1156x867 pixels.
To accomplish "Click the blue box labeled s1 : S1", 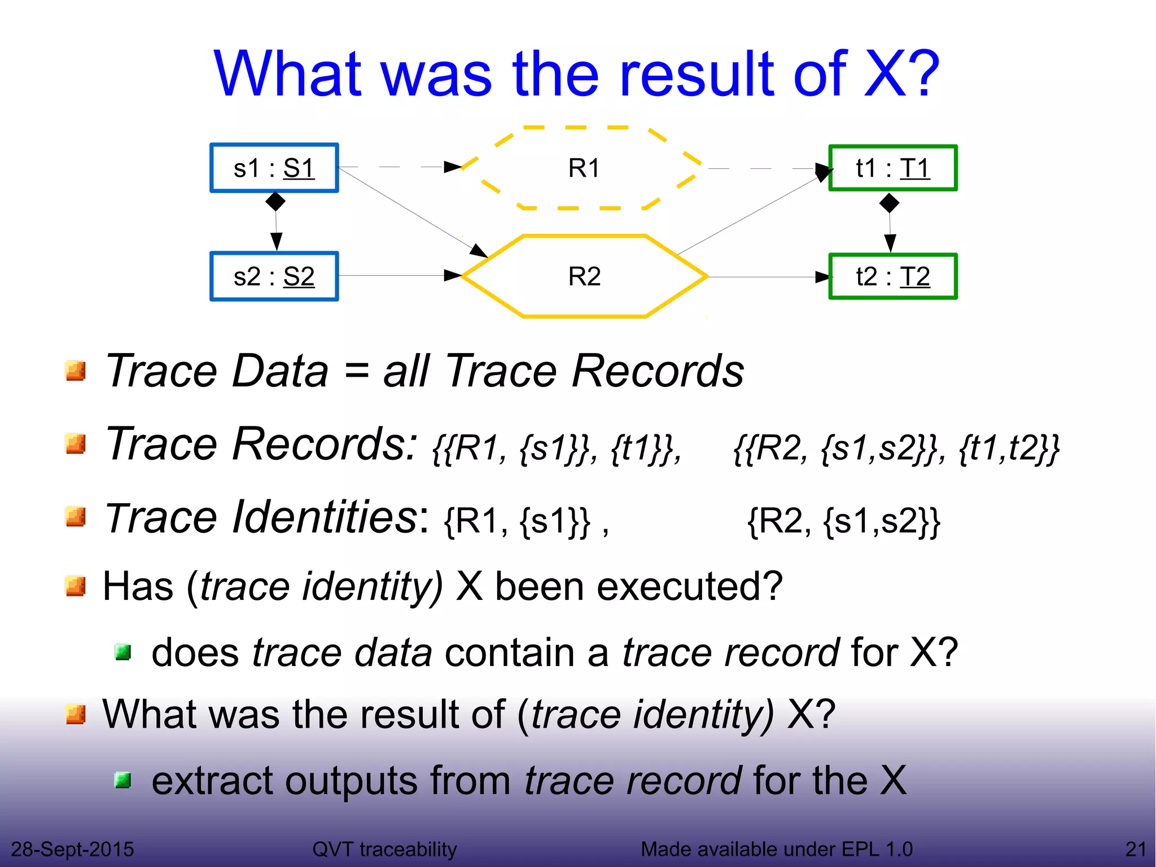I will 274,168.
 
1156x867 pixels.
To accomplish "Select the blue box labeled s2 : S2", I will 274,277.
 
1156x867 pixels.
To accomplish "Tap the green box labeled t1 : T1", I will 892,168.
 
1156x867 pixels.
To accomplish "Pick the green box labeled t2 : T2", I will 892,277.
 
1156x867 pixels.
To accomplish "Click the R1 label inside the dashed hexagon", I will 584,168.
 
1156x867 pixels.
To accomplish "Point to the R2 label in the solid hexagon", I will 584,277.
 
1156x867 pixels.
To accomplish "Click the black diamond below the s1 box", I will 275,201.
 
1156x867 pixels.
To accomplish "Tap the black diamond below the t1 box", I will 889,203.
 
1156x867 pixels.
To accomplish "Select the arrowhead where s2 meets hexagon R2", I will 453,276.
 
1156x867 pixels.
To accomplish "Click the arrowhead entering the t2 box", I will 822,277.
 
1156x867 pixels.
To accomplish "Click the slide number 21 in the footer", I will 1136,849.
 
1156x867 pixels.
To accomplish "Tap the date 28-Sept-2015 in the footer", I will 72,849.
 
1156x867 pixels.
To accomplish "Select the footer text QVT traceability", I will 384,849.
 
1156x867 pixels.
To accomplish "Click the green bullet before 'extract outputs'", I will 122,781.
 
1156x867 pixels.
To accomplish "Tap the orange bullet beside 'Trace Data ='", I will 75,371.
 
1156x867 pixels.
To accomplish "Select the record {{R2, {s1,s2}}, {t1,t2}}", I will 896,448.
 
